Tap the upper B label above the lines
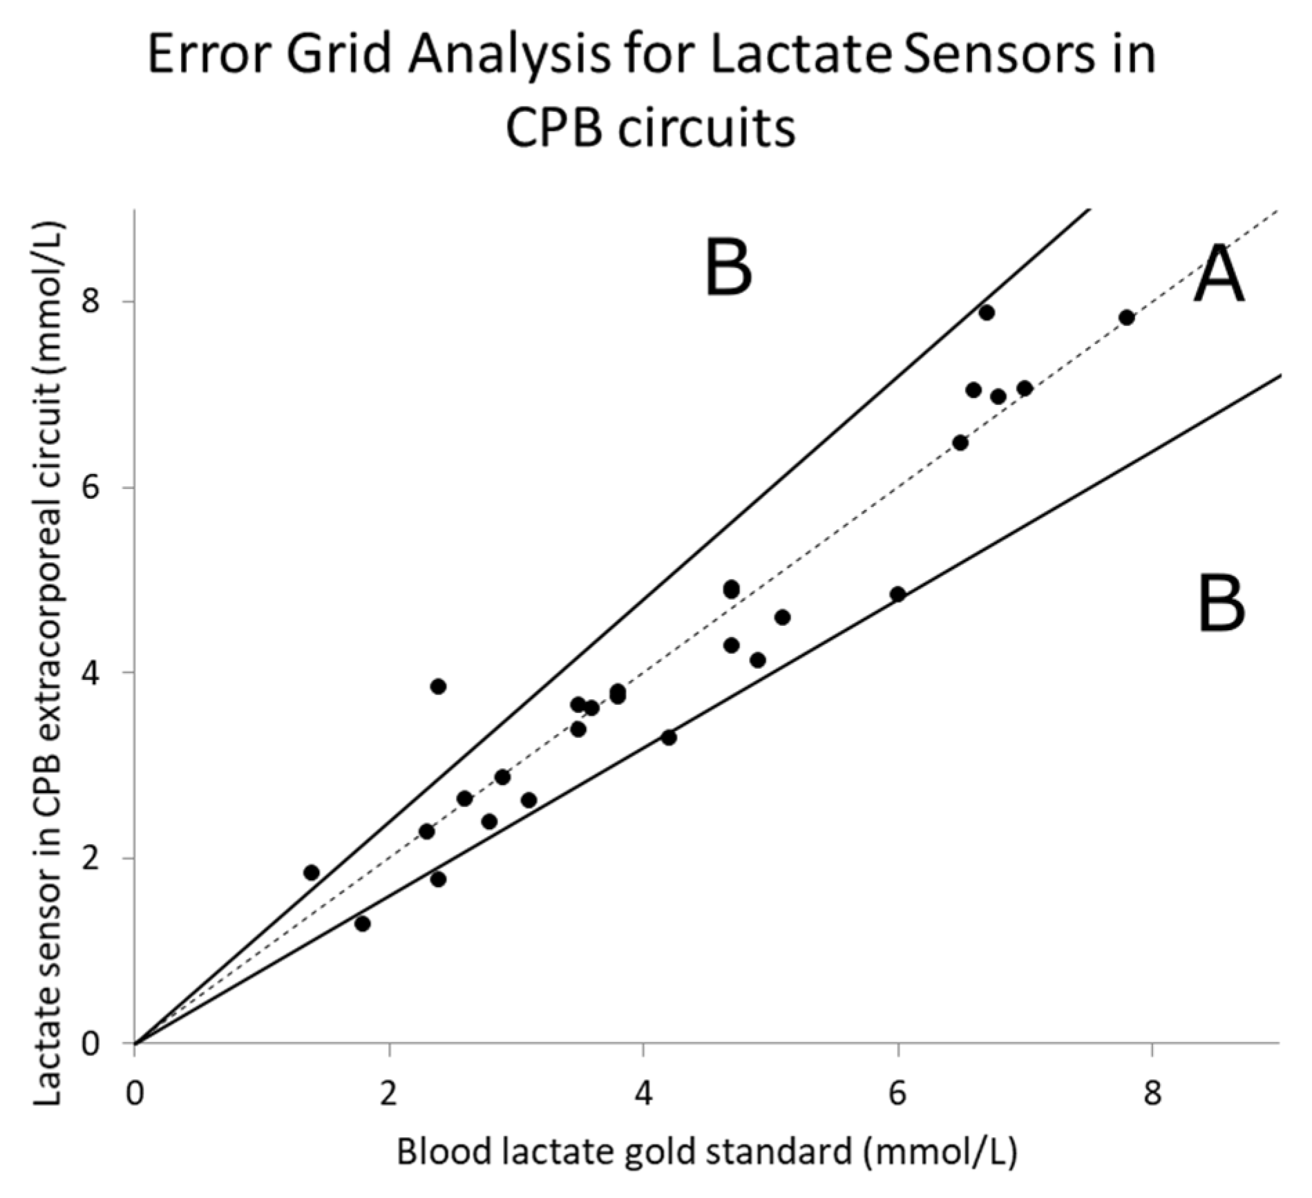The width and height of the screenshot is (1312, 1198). (728, 267)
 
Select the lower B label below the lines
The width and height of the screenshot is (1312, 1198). (1221, 607)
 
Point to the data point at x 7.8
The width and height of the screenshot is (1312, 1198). (1127, 318)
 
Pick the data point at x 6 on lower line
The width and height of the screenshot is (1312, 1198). (897, 594)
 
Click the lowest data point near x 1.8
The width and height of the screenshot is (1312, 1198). (363, 924)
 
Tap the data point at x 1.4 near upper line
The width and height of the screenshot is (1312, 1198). (312, 873)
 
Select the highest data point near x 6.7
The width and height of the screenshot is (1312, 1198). (987, 313)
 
